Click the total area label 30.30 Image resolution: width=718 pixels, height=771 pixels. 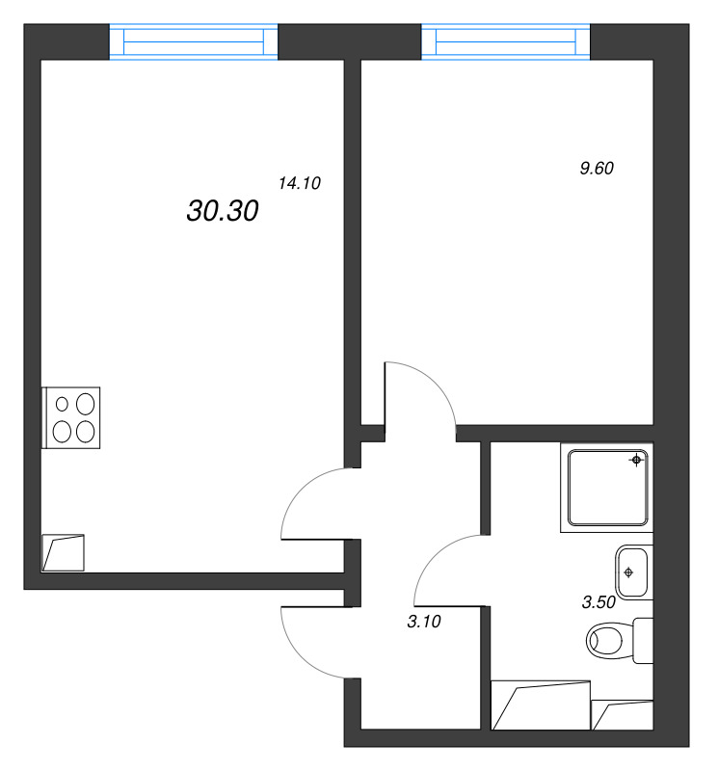point(222,212)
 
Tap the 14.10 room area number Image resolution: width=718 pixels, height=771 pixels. point(299,183)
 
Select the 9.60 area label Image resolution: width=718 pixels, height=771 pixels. point(597,168)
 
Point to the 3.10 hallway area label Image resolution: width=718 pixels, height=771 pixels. point(424,623)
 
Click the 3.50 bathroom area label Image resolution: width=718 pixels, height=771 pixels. point(598,604)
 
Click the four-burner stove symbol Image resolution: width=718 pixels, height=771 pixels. point(72,417)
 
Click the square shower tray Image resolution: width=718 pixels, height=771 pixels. point(606,490)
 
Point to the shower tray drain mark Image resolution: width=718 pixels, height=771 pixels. point(636,461)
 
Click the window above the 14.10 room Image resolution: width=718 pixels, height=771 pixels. point(194,43)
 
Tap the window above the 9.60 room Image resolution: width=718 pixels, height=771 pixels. point(506,43)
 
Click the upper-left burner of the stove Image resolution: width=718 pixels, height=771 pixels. point(63,404)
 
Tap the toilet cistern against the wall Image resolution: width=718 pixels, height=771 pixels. point(644,641)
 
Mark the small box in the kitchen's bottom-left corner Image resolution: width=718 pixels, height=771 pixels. point(64,553)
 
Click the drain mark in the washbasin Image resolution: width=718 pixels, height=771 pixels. point(629,572)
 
